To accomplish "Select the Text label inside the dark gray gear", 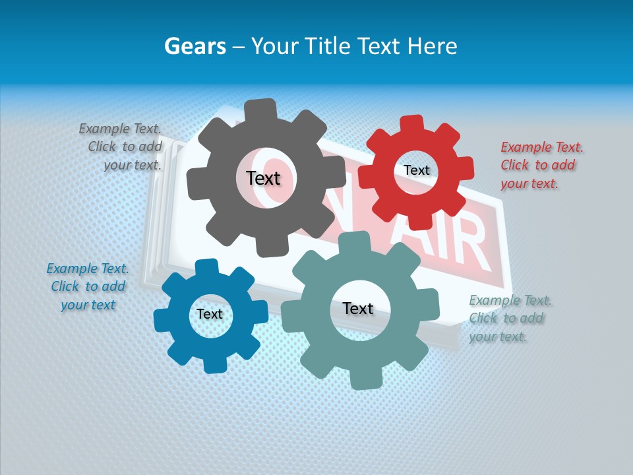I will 263,178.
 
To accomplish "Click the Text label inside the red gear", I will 416,170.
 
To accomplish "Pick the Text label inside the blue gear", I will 210,314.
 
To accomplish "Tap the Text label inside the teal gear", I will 358,308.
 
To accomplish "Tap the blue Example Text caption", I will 88,286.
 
